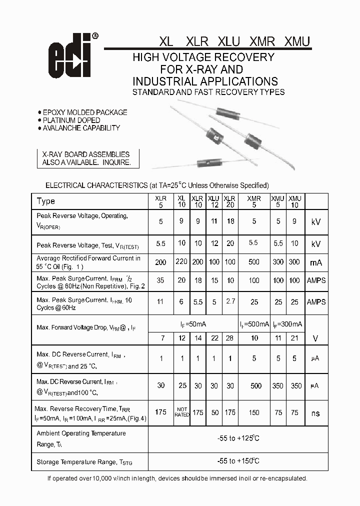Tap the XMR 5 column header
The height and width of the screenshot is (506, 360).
[x=254, y=201]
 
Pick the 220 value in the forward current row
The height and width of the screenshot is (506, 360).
[x=181, y=262]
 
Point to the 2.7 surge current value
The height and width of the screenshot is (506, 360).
[x=230, y=302]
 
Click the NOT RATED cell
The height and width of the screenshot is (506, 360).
[x=181, y=412]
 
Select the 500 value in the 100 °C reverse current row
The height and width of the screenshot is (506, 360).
[x=256, y=385]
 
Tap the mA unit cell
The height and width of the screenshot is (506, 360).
[x=316, y=262]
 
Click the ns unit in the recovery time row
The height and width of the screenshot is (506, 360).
[x=316, y=413]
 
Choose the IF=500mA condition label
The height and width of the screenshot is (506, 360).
[x=254, y=324]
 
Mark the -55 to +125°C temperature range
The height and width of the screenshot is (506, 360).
[x=238, y=438]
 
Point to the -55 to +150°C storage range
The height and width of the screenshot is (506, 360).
[x=238, y=461]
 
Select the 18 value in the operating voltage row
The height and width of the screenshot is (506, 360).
[x=230, y=221]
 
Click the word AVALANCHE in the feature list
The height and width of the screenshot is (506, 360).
[x=62, y=128]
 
